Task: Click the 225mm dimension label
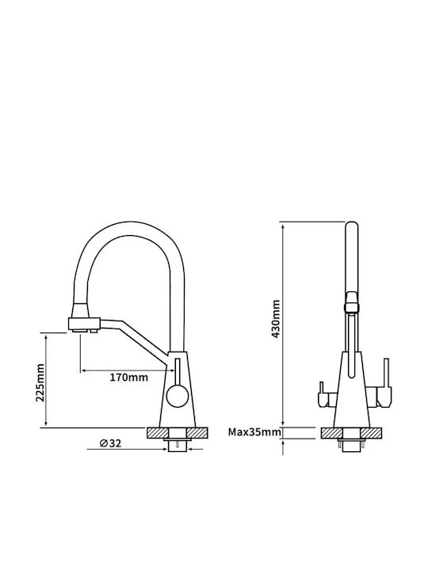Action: click(40, 382)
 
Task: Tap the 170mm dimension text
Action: click(129, 378)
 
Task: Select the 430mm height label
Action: click(276, 319)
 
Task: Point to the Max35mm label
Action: click(254, 432)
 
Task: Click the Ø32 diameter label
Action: click(110, 443)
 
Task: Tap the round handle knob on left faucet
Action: click(177, 396)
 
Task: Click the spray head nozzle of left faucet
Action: click(84, 325)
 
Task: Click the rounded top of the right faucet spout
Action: click(352, 226)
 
